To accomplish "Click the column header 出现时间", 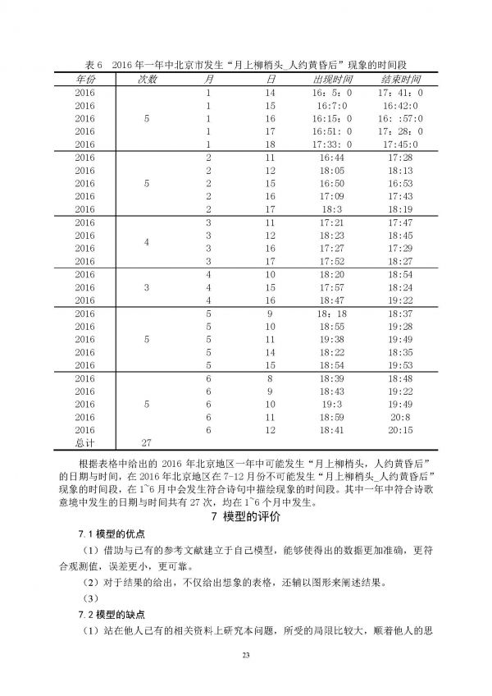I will tap(333, 80).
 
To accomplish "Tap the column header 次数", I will tap(146, 80).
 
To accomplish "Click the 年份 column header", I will tap(84, 80).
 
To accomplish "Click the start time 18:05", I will tap(333, 171).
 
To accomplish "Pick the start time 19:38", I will tap(333, 339).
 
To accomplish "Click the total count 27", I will tap(146, 442).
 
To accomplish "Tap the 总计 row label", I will tap(84, 442).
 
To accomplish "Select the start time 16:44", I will tap(333, 158).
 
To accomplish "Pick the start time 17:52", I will tap(333, 261).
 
